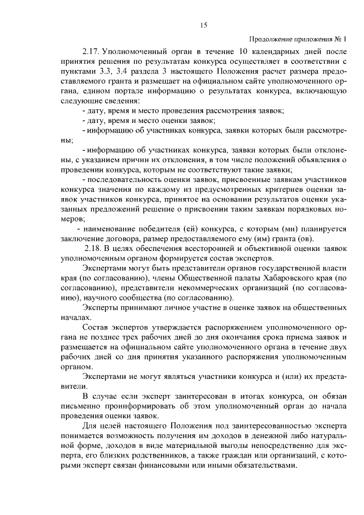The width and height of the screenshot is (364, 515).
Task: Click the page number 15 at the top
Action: coord(203,24)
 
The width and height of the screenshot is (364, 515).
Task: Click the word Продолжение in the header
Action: coord(270,39)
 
